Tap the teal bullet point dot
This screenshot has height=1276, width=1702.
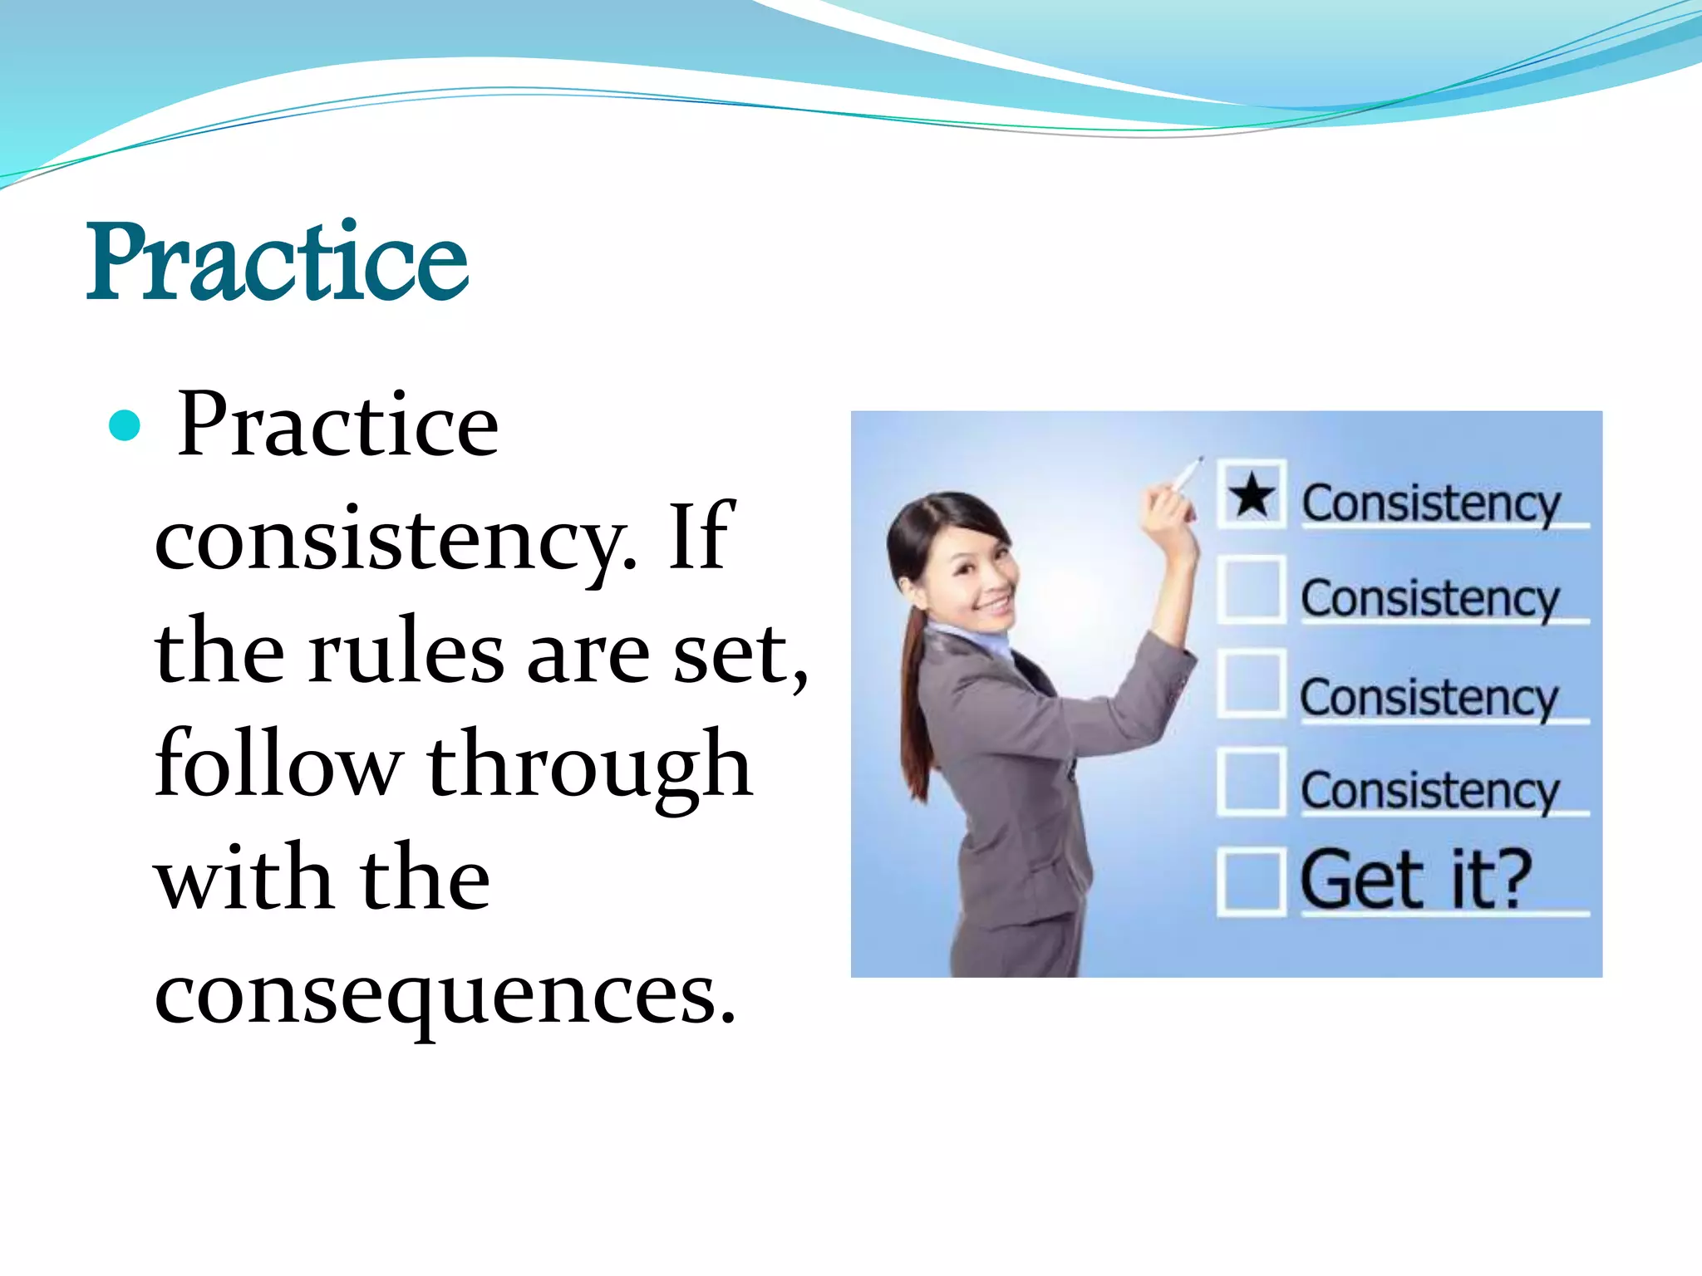coord(125,426)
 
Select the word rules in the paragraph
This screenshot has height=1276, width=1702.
coord(406,654)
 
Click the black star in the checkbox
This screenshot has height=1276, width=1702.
coord(1252,495)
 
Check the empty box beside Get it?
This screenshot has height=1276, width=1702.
coord(1250,881)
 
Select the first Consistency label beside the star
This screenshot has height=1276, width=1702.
coord(1430,503)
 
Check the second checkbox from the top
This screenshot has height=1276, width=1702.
coord(1251,591)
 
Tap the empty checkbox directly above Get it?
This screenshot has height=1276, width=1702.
coord(1251,781)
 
